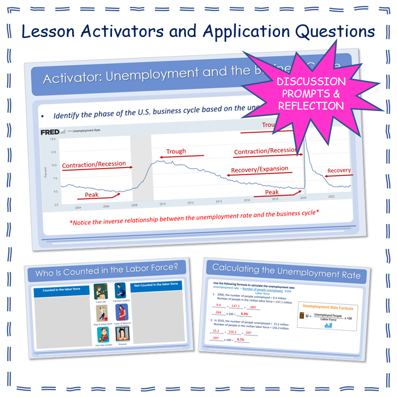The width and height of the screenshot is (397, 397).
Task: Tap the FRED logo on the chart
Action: click(51, 132)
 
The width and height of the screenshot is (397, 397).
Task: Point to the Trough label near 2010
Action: click(176, 151)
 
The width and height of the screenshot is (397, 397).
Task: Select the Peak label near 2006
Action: click(92, 194)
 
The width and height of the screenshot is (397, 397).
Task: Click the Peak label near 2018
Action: click(272, 192)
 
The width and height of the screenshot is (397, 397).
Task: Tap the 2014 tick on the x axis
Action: click(219, 201)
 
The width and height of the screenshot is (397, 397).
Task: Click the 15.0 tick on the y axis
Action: click(53, 140)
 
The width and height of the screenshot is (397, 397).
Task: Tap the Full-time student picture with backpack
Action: click(120, 291)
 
